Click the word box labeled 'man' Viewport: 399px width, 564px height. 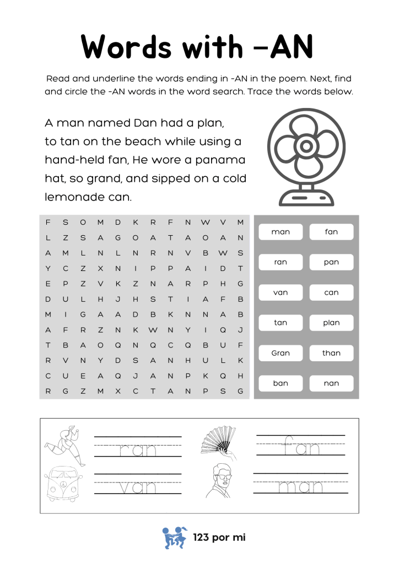coord(281,232)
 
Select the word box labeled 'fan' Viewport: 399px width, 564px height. coord(331,232)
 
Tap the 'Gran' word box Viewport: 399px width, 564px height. coord(281,353)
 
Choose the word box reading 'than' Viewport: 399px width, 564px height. coord(331,353)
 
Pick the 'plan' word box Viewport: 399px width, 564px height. coord(331,323)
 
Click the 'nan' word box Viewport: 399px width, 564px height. coord(331,383)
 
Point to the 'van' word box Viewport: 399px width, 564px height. coord(281,292)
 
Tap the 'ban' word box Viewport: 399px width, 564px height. coord(281,383)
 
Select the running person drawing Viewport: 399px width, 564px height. coord(65,444)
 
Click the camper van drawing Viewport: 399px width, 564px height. coord(64,484)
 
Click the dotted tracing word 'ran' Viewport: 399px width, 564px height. coord(138,450)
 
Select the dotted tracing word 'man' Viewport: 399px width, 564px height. coord(301,487)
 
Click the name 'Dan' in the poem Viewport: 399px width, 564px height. coord(145,122)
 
